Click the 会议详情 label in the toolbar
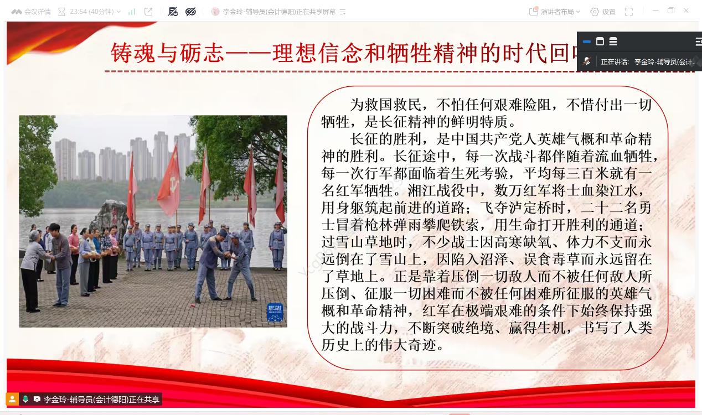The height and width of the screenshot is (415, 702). point(37,12)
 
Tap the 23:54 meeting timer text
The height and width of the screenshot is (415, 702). point(78,12)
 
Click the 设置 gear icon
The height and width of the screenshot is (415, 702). point(594,12)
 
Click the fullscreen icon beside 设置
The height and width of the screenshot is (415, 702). point(629,12)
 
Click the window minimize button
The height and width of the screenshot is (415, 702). point(655,11)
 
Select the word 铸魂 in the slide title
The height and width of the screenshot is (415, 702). point(133,53)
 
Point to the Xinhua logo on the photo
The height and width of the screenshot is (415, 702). point(275,312)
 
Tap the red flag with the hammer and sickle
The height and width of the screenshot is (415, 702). point(169,181)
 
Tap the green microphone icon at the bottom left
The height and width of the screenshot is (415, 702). point(25,399)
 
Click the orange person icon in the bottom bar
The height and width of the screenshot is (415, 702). point(12,400)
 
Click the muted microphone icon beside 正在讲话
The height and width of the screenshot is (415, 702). point(587,61)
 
